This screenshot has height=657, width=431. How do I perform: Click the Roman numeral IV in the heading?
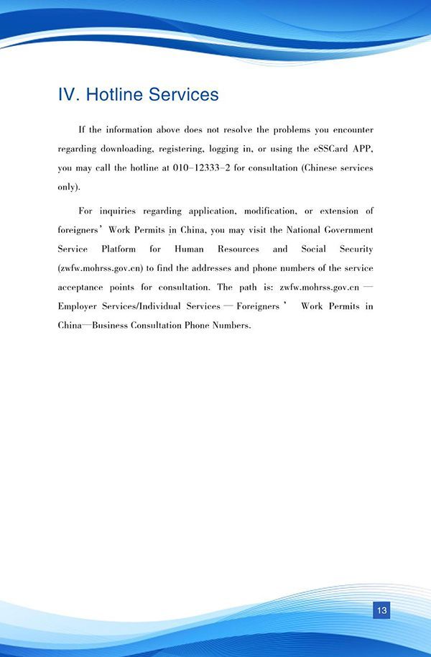[x=68, y=94]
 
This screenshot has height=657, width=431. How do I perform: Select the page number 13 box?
[x=381, y=610]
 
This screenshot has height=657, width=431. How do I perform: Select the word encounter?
[x=350, y=129]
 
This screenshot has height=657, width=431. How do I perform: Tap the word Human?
[x=190, y=249]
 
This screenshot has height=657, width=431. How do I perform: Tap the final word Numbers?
[x=228, y=325]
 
